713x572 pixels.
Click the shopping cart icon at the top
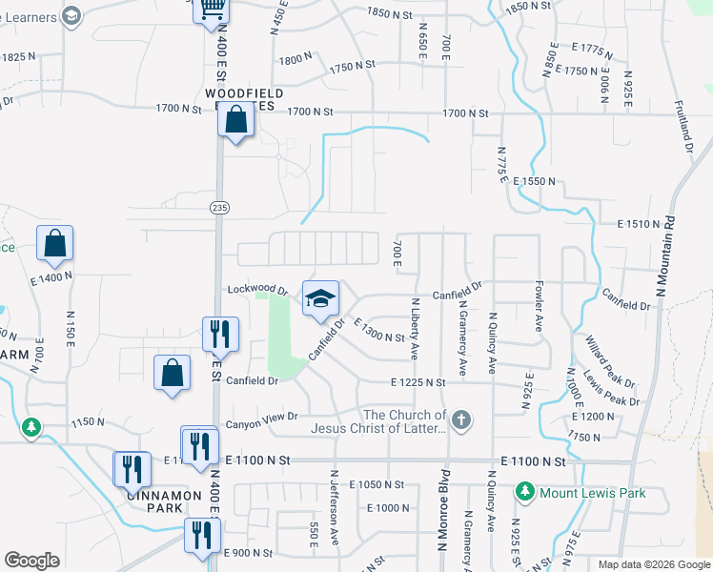211,10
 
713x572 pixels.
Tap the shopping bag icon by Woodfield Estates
235,121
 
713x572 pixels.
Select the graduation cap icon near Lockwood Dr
321,299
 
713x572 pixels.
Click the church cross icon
461,420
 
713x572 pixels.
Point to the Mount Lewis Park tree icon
524,492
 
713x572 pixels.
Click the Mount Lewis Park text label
592,493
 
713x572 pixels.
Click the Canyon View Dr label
260,417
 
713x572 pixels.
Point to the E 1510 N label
639,224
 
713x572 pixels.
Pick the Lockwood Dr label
257,288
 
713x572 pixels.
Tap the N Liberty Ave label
415,328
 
